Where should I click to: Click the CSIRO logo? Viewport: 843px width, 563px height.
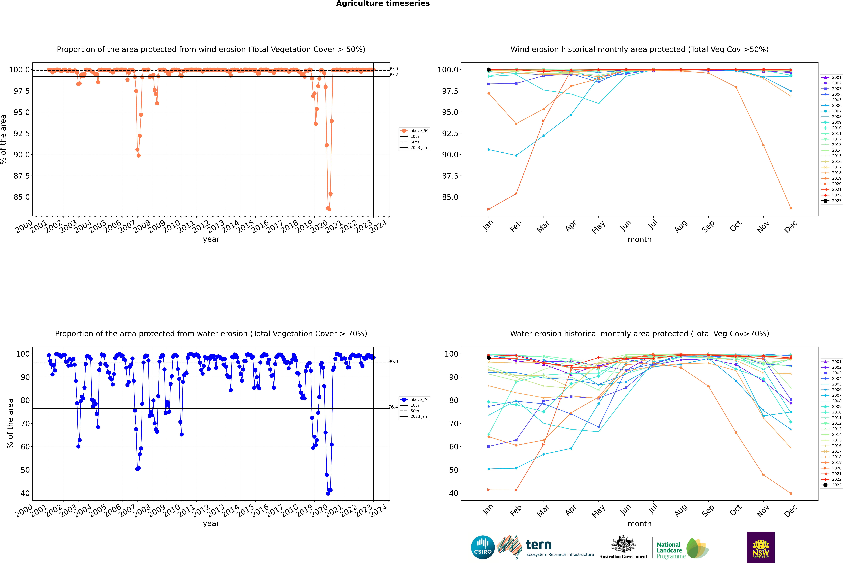[x=483, y=547]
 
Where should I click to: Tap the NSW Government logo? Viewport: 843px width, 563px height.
[x=761, y=547]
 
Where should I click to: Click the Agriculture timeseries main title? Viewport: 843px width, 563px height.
[x=383, y=4]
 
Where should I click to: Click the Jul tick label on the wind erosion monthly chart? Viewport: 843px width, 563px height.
[x=653, y=225]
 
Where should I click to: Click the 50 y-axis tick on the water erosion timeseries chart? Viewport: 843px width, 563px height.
[x=25, y=470]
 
